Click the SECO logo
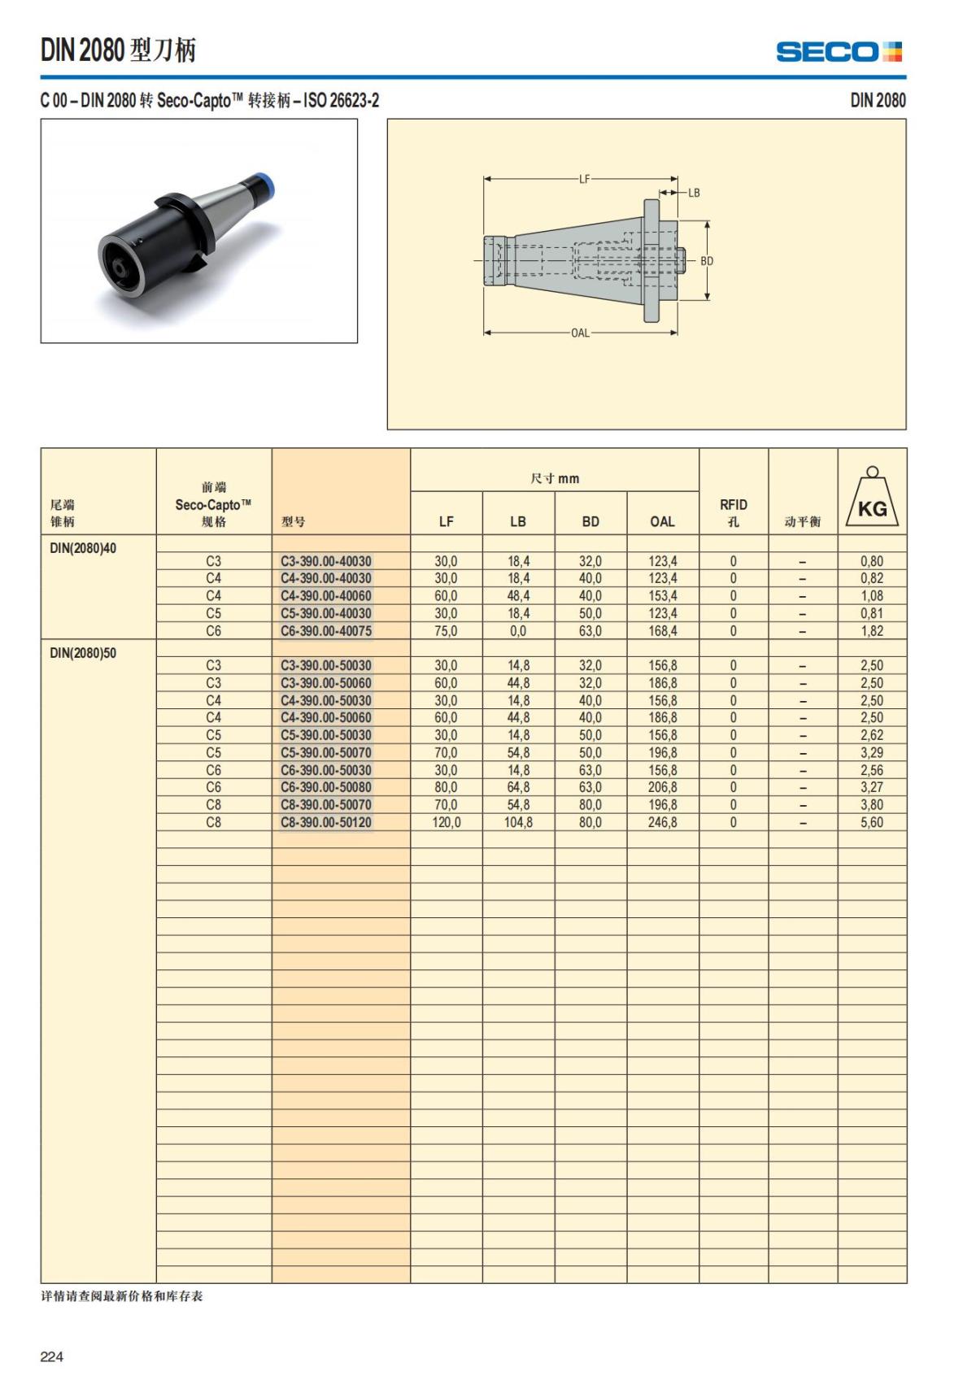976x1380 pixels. tap(839, 52)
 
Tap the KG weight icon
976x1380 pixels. tap(872, 498)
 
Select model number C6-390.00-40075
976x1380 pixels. tap(325, 631)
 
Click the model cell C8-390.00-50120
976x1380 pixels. tap(325, 822)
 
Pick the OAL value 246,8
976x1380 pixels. tap(662, 822)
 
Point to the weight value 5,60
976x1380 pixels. tap(871, 822)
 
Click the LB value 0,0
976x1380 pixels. tap(518, 631)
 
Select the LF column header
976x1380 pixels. tap(446, 521)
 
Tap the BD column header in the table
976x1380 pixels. tap(590, 521)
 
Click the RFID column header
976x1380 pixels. tap(733, 512)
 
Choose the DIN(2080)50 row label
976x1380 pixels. tap(83, 653)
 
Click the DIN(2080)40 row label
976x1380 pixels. tap(83, 548)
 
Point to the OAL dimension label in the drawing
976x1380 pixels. tap(580, 333)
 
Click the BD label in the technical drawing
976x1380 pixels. tap(707, 261)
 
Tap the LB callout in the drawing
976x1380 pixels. tap(694, 193)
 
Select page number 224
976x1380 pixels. tap(51, 1356)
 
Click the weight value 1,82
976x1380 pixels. tap(871, 631)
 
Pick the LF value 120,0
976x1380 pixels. tap(446, 822)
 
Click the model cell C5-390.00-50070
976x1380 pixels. tap(325, 752)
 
